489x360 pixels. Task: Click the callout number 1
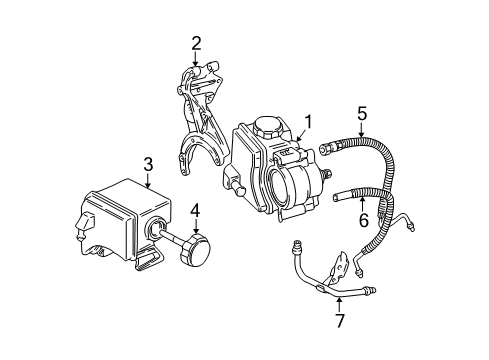pyautogui.click(x=308, y=122)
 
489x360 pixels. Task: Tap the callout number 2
pyautogui.click(x=197, y=42)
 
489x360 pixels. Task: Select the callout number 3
pyautogui.click(x=148, y=162)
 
